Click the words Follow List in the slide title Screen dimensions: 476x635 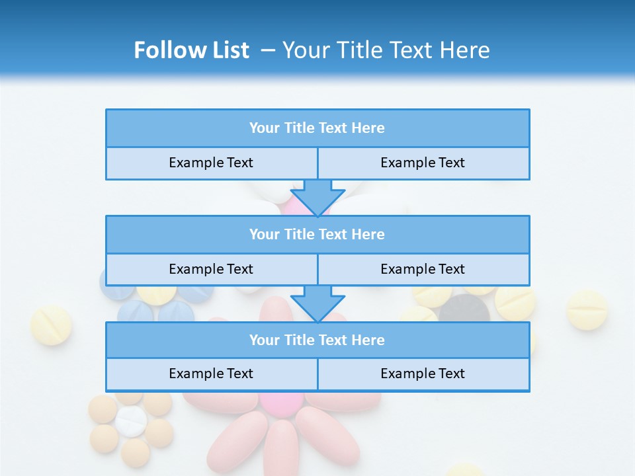click(x=191, y=50)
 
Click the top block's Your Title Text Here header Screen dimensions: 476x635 click(x=317, y=128)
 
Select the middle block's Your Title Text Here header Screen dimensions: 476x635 click(x=317, y=235)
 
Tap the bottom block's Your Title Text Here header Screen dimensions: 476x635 click(x=317, y=340)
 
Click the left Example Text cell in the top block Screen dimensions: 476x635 click(x=211, y=163)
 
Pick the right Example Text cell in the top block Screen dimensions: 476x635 click(x=423, y=163)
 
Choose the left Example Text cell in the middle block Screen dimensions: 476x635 click(x=211, y=270)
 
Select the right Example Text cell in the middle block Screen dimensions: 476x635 click(x=423, y=270)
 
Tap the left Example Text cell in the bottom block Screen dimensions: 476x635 click(x=211, y=374)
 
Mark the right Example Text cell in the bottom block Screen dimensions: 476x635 click(x=423, y=374)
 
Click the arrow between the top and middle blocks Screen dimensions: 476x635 click(x=317, y=197)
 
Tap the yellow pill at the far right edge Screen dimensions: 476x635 click(x=587, y=309)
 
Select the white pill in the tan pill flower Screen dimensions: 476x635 click(x=130, y=421)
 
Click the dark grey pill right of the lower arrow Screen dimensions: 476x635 click(x=464, y=308)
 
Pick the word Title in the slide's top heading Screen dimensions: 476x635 click(x=358, y=50)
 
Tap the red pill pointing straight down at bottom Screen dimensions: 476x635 click(x=281, y=446)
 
